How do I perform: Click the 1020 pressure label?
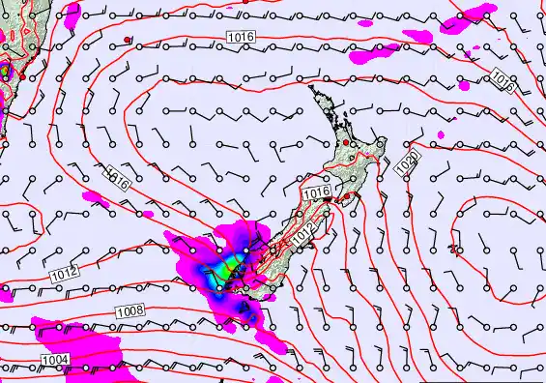[x=408, y=163]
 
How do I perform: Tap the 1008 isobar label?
[x=129, y=310]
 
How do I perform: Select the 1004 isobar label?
[x=56, y=360]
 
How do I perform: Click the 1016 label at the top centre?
[x=241, y=37]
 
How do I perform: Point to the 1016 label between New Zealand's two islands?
[x=316, y=194]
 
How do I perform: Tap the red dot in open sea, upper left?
[x=128, y=40]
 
